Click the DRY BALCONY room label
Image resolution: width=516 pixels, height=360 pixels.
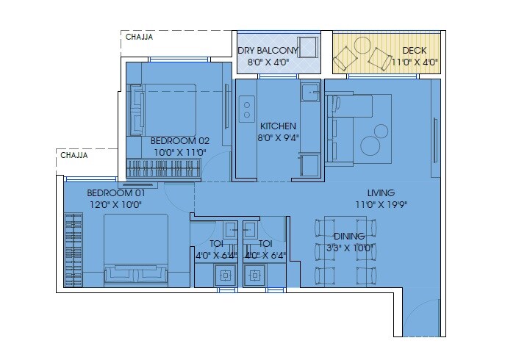tap(268, 51)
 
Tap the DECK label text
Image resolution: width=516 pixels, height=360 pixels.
tap(415, 51)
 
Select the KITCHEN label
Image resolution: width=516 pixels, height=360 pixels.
tap(278, 126)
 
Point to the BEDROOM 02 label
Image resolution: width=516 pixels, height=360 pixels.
tap(180, 140)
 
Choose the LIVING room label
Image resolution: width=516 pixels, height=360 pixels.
tap(381, 193)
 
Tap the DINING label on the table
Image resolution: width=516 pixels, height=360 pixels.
tap(349, 236)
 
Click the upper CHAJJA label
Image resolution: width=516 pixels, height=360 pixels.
tap(139, 37)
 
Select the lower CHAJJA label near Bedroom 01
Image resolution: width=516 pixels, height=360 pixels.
tap(74, 156)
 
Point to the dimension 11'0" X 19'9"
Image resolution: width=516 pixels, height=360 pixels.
tap(381, 205)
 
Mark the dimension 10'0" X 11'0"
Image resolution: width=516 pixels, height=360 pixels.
tap(180, 152)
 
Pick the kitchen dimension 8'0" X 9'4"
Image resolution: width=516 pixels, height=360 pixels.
tap(277, 137)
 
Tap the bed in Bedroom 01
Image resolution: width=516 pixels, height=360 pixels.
tap(135, 250)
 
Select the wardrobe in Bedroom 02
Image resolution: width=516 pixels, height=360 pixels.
tap(162, 168)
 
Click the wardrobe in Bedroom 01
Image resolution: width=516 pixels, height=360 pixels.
tap(74, 249)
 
